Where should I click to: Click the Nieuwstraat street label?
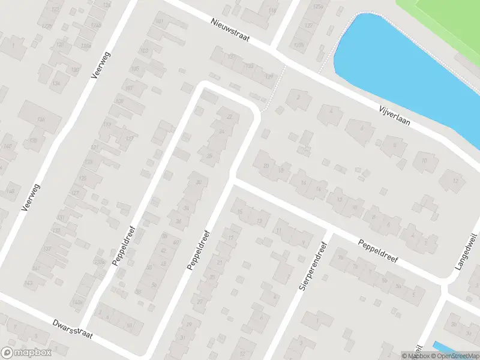[x=230, y=31]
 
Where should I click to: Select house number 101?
[x=159, y=22]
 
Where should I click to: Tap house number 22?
[x=229, y=117]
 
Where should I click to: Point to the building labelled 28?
[x=209, y=156]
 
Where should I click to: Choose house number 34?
[x=187, y=208]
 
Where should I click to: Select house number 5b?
[x=385, y=280]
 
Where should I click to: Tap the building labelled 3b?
[x=454, y=324]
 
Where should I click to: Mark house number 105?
[x=135, y=69]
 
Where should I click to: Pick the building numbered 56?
[x=155, y=284]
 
